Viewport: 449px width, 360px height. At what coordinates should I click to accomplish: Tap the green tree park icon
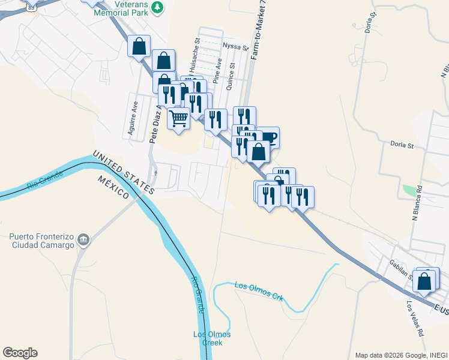[157, 7]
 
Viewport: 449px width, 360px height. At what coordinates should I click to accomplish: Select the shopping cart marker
[178, 118]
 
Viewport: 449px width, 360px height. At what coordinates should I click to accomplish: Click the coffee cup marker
[268, 137]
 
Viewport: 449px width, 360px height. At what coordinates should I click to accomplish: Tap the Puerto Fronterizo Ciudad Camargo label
[42, 241]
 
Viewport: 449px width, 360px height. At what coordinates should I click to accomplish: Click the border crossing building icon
[84, 240]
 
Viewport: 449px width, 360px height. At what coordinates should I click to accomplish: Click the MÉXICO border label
[114, 185]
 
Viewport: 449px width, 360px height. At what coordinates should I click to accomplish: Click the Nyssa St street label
[235, 46]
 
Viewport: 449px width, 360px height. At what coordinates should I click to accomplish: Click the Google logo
[20, 353]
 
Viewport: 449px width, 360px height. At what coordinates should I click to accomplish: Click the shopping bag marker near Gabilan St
[424, 281]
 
